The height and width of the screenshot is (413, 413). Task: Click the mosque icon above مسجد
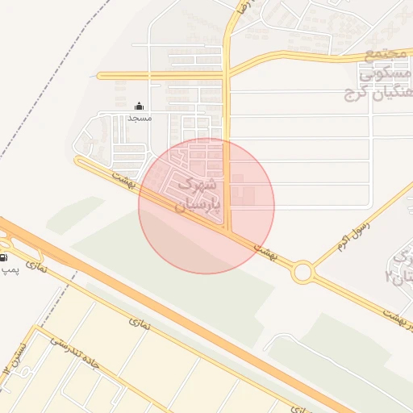[x=139, y=106]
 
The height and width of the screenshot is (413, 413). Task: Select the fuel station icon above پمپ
[x=4, y=257]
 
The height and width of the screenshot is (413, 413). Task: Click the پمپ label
[x=8, y=269]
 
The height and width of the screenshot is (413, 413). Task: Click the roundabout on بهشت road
[x=302, y=273]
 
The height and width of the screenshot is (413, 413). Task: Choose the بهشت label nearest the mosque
[x=123, y=175]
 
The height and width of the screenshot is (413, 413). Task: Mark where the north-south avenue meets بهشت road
[x=229, y=232]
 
